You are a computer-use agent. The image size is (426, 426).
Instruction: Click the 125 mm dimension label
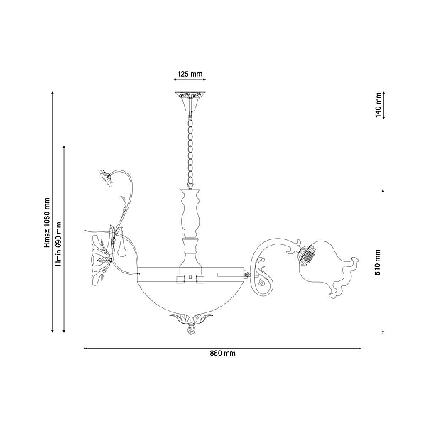pos(190,74)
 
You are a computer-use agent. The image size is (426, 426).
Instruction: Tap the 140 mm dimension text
pos(378,105)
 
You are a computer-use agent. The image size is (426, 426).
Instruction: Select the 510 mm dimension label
pos(378,263)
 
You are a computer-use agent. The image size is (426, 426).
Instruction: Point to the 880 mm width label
pos(222,354)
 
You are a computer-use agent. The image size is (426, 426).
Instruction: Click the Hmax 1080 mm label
pos(48,223)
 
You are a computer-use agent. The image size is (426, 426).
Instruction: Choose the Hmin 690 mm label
pos(58,244)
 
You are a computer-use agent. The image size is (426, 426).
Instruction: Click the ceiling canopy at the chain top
pos(190,102)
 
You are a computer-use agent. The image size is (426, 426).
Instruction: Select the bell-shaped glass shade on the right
pos(328,268)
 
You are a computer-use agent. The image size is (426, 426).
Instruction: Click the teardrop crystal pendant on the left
pos(121,246)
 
